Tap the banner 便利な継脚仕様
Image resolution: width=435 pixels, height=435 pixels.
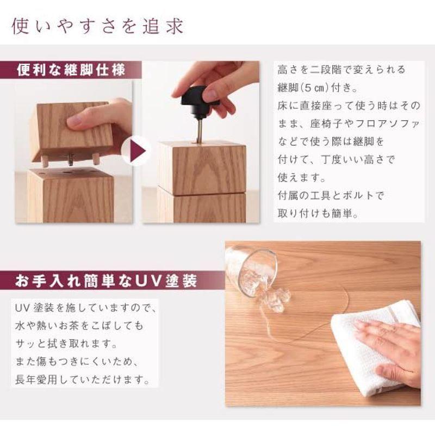71,71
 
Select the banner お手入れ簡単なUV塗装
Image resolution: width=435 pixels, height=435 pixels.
106,281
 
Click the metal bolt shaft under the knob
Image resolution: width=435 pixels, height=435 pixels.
200,130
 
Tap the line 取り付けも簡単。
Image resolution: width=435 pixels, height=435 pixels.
317,213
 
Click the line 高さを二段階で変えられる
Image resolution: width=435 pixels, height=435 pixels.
341,70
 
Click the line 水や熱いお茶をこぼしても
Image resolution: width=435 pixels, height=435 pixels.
79,326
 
